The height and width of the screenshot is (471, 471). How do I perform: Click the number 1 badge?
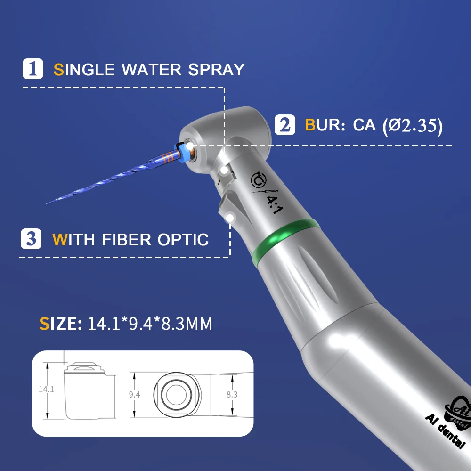[x=33, y=69]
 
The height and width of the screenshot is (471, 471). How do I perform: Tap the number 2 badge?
[x=285, y=125]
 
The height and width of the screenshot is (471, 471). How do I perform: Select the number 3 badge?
[x=31, y=239]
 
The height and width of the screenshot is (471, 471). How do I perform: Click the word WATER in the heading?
[x=151, y=70]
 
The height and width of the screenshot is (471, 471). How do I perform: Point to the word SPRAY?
[x=216, y=70]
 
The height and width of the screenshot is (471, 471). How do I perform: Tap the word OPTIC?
[x=183, y=240]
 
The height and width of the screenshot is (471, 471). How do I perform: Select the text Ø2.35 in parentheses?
[x=413, y=125]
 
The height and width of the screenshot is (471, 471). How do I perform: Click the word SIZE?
[x=61, y=324]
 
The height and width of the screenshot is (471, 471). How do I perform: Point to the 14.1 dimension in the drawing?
[x=46, y=390]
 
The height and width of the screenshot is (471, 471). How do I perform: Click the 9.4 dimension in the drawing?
[x=134, y=394]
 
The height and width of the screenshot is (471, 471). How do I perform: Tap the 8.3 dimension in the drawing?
[x=232, y=394]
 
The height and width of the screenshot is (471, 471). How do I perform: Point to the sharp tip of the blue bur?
[x=47, y=203]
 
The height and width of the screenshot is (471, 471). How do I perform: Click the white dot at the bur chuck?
[x=190, y=146]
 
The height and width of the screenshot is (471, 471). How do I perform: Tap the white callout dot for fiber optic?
[x=230, y=218]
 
